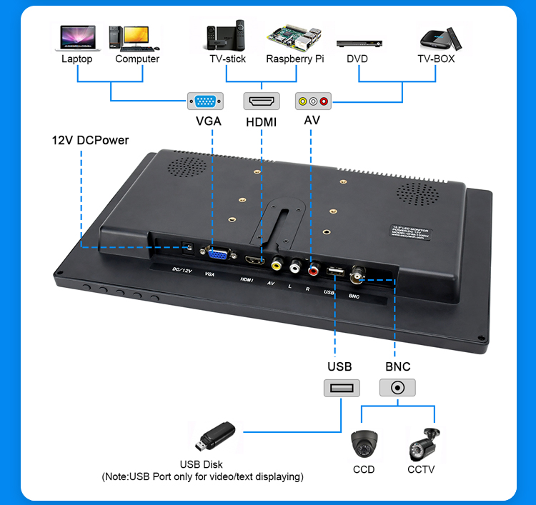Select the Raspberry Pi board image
coord(294,36)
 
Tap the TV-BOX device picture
coord(436,36)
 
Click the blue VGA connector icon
coord(205,101)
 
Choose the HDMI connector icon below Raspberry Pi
coord(262,101)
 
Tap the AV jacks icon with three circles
coord(313,101)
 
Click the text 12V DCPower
coord(90,140)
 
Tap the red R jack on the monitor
coord(314,270)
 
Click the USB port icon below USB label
coord(341,388)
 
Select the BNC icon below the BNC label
coord(397,388)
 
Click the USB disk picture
coord(212,436)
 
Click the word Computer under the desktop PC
coord(137,59)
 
